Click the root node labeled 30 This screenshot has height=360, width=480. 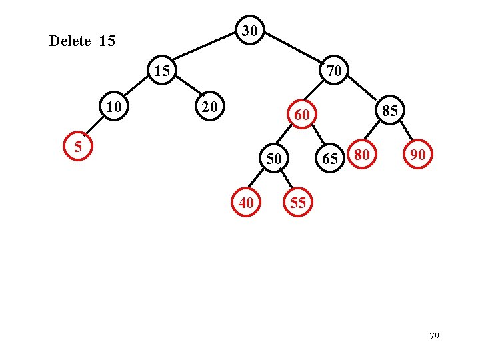click(x=250, y=31)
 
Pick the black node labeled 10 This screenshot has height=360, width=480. click(x=117, y=107)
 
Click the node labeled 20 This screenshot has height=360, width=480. click(x=210, y=107)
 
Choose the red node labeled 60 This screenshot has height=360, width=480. click(x=302, y=115)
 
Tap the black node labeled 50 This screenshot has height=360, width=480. click(x=273, y=159)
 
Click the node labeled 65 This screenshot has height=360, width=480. click(x=329, y=159)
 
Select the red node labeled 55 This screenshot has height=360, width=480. click(x=298, y=203)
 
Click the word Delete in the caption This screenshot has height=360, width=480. click(x=70, y=41)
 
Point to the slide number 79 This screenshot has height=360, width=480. click(x=434, y=336)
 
